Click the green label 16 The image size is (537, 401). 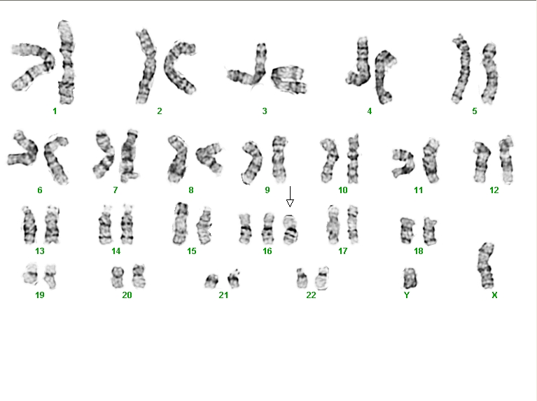coord(267,251)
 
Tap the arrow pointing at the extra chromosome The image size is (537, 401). coord(290,197)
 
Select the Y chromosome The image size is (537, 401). coord(410,278)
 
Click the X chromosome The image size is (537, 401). coord(487,266)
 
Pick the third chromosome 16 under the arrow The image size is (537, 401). coord(290,230)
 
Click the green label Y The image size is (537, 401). coord(407,295)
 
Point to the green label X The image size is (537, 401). coord(494,295)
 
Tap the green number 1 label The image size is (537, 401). coord(55,111)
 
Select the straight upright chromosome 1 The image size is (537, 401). coord(67,62)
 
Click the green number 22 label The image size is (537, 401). coord(311,295)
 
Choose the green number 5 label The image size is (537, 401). coord(474,111)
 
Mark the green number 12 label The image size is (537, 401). coord(494,190)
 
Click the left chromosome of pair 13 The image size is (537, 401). coord(29,225)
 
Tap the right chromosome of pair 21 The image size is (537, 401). coord(235,279)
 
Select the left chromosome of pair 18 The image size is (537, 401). coord(407,230)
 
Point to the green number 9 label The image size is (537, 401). coord(267,190)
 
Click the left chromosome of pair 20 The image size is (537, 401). coord(118,277)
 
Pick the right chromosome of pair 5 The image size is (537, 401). coord(489,73)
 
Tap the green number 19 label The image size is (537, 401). coord(39,295)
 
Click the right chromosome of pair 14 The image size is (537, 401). coord(127,225)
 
